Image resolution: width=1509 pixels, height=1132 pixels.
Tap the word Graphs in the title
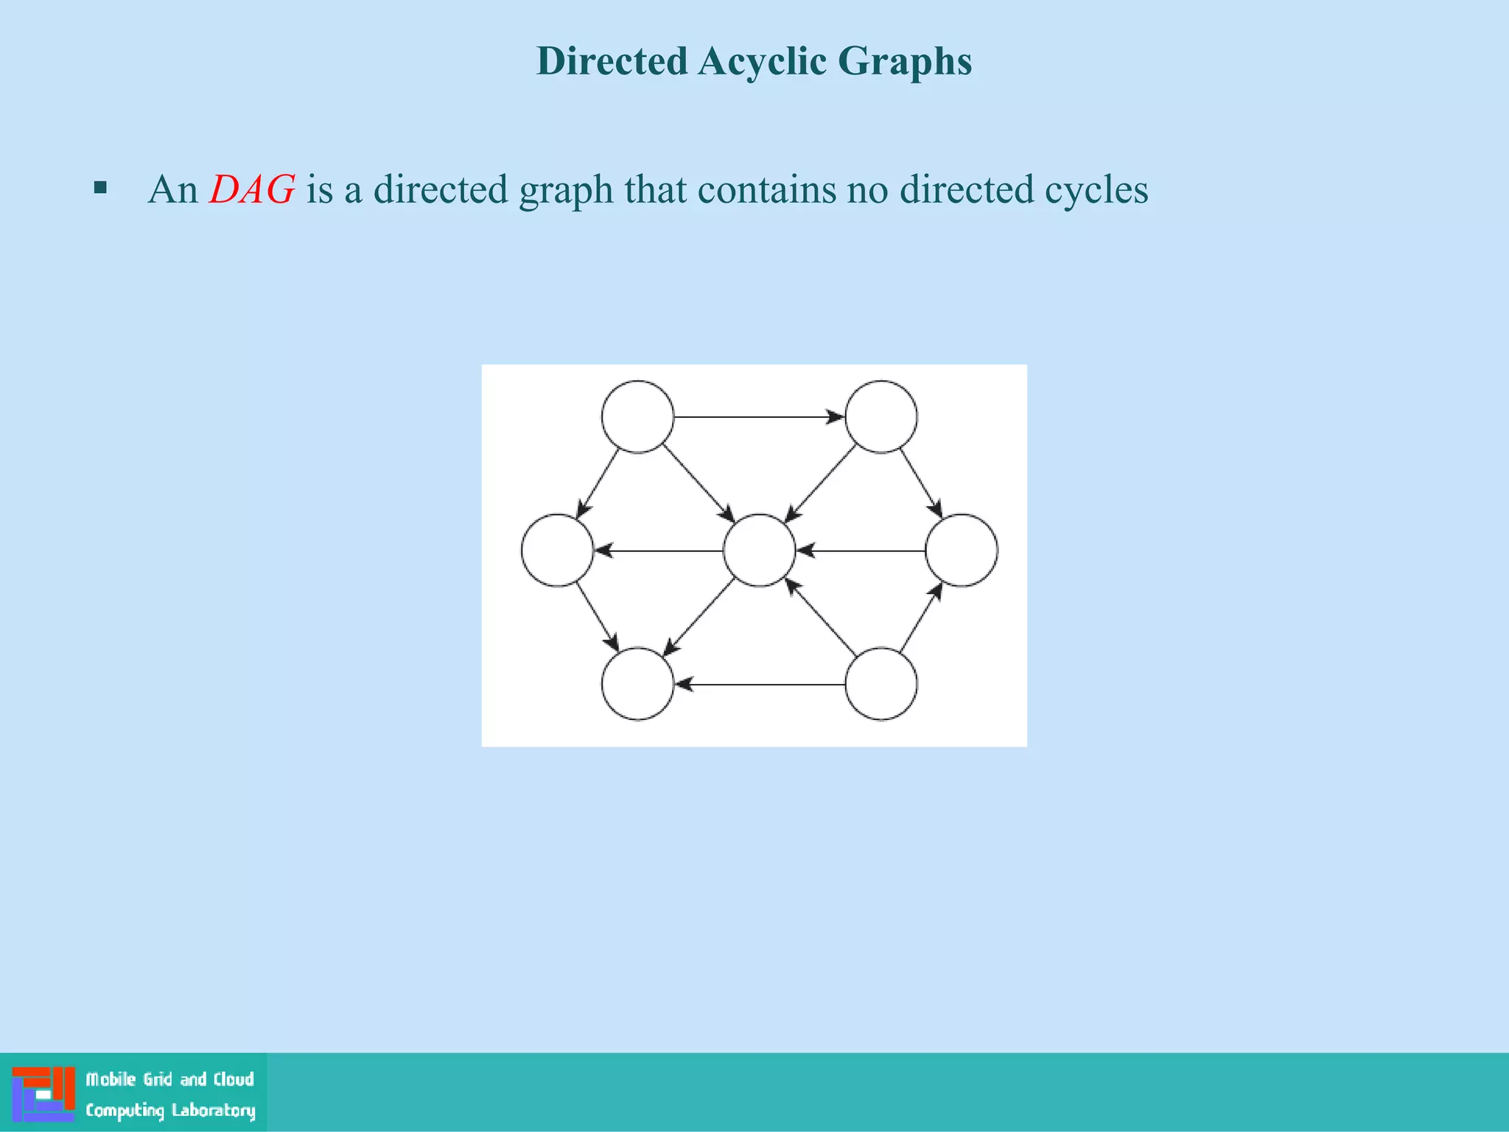click(x=905, y=62)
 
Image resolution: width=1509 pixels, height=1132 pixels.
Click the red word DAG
click(x=252, y=189)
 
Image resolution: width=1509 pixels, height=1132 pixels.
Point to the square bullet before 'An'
click(x=101, y=188)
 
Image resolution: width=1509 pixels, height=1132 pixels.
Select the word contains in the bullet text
click(x=767, y=189)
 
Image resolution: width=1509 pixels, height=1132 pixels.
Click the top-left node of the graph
click(x=637, y=416)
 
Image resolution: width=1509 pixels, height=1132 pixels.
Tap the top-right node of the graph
click(x=880, y=416)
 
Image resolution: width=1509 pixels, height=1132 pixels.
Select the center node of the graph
click(x=759, y=551)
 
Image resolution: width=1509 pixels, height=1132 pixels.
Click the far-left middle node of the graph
click(x=557, y=551)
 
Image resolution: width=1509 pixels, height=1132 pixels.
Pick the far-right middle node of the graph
click(x=961, y=551)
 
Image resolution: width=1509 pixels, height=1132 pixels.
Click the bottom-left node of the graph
click(x=637, y=684)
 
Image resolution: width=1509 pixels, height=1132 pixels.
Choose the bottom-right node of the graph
click(x=880, y=684)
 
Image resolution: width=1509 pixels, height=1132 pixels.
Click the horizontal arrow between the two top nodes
click(x=759, y=417)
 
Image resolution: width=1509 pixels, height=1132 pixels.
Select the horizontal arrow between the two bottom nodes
click(x=759, y=685)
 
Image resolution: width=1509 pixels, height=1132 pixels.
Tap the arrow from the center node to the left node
click(x=658, y=551)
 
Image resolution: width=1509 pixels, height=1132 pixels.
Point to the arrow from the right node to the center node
click(x=861, y=551)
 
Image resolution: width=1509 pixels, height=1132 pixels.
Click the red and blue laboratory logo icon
click(x=43, y=1094)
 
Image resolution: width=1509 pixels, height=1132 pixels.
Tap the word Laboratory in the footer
click(x=213, y=1110)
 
